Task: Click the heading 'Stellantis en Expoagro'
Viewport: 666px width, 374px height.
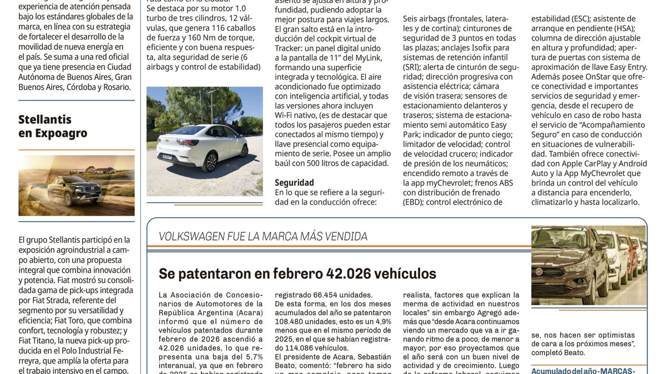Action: tap(53, 126)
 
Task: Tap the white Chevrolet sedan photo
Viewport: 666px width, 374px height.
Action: tap(205, 141)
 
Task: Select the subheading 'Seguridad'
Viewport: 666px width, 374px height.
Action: tap(294, 182)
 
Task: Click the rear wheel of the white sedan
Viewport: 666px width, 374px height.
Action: tap(210, 162)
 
